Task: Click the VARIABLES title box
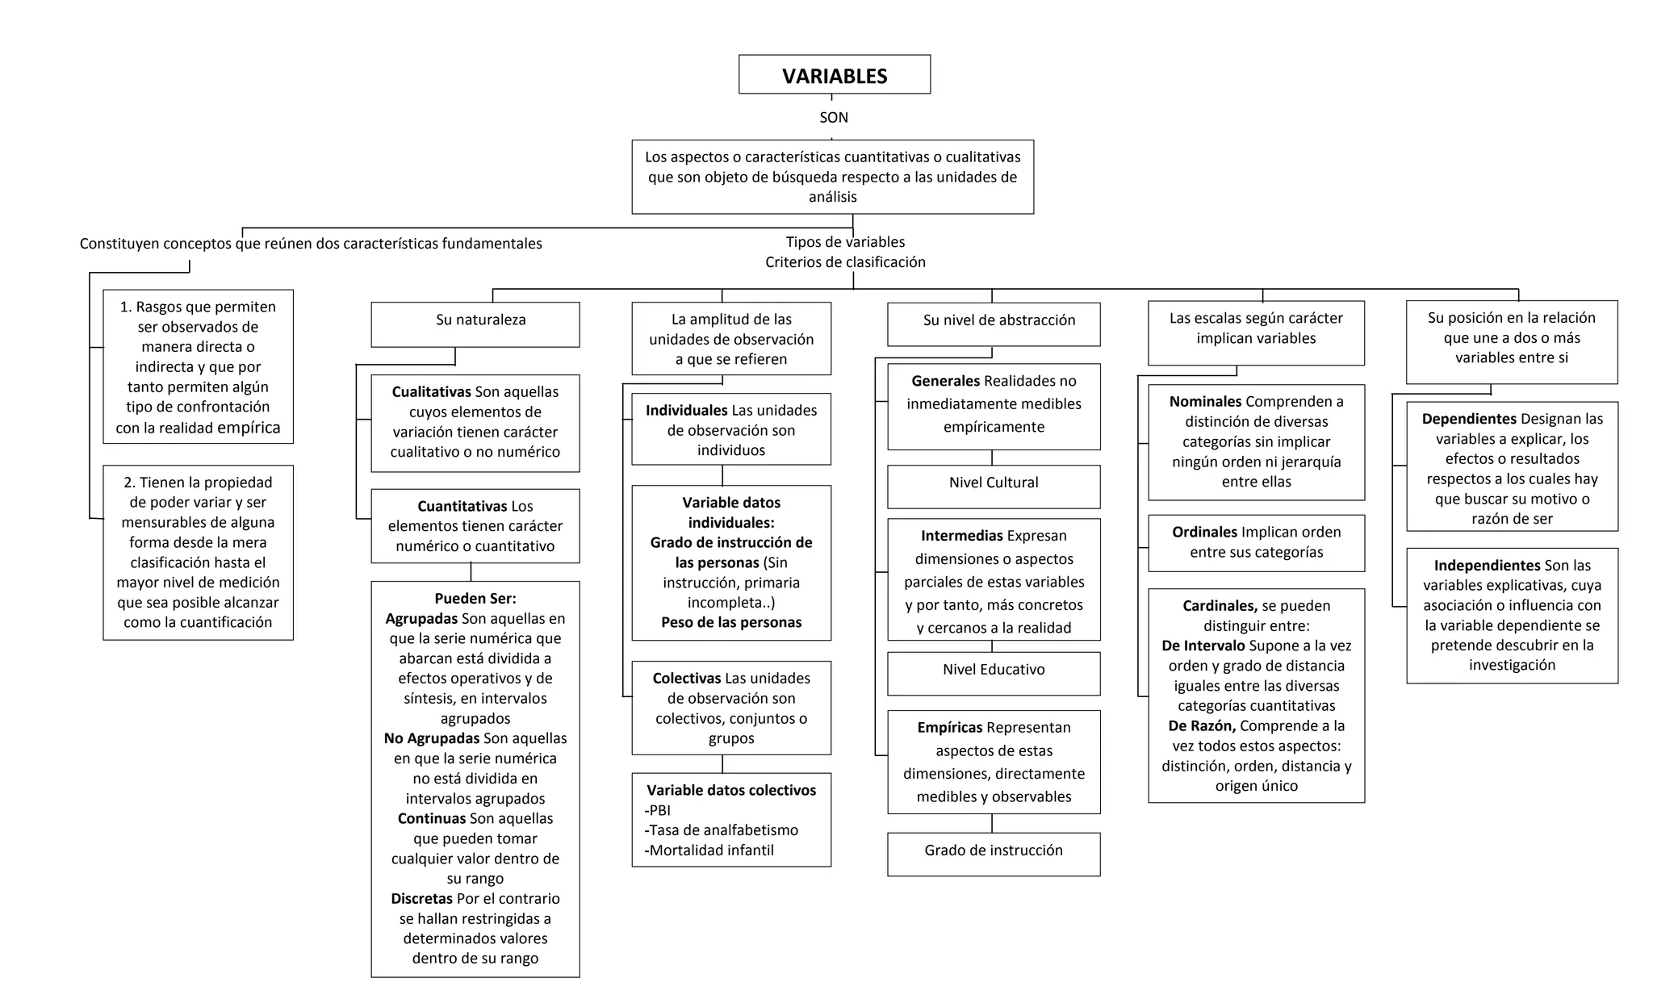[835, 75]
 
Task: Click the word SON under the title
[834, 118]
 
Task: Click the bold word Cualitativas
[432, 392]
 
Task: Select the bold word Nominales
[1205, 402]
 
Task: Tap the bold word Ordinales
[1204, 533]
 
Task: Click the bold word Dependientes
[1469, 420]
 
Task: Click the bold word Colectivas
[686, 679]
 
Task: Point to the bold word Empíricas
[950, 728]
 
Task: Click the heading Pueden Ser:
[475, 599]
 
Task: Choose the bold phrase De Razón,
[1202, 726]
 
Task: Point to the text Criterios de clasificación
[845, 262]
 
